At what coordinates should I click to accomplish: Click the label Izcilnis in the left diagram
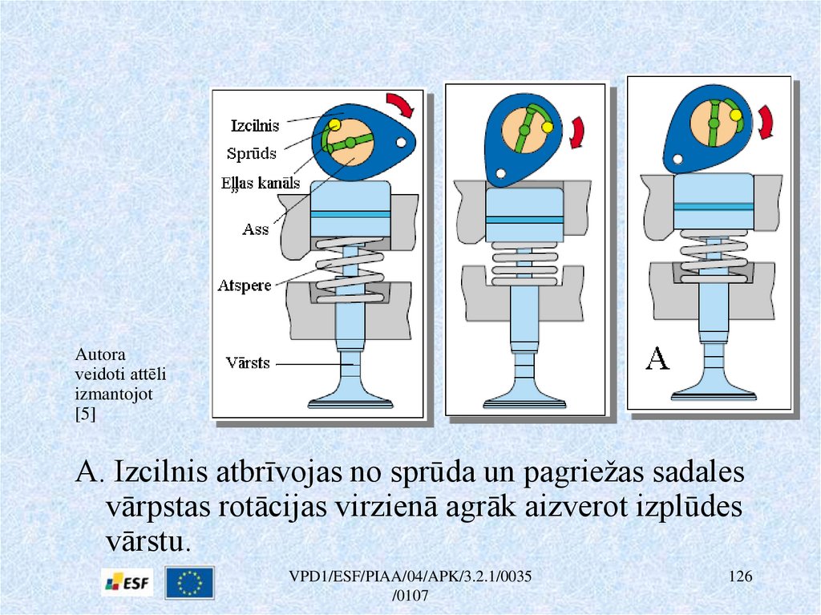pyautogui.click(x=255, y=126)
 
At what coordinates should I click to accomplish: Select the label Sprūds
pyautogui.click(x=251, y=153)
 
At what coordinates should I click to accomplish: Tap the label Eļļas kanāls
pyautogui.click(x=261, y=184)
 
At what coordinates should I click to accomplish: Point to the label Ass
pyautogui.click(x=256, y=229)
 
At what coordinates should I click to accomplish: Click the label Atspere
pyautogui.click(x=245, y=285)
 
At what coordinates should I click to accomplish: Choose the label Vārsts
pyautogui.click(x=248, y=362)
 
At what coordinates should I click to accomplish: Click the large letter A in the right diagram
pyautogui.click(x=657, y=358)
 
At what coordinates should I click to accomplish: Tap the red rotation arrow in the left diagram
pyautogui.click(x=401, y=104)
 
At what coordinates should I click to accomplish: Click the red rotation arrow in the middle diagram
pyautogui.click(x=577, y=132)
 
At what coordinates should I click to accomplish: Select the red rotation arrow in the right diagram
pyautogui.click(x=766, y=122)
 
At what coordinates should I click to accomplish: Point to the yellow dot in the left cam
pyautogui.click(x=334, y=124)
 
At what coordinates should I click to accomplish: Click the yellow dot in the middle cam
pyautogui.click(x=548, y=127)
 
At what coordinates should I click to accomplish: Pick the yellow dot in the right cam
pyautogui.click(x=736, y=115)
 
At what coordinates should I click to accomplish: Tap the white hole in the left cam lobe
pyautogui.click(x=402, y=142)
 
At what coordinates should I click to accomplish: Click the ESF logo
pyautogui.click(x=127, y=582)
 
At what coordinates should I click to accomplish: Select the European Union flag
pyautogui.click(x=189, y=582)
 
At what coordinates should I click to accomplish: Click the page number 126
pyautogui.click(x=740, y=577)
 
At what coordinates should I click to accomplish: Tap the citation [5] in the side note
pyautogui.click(x=85, y=415)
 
